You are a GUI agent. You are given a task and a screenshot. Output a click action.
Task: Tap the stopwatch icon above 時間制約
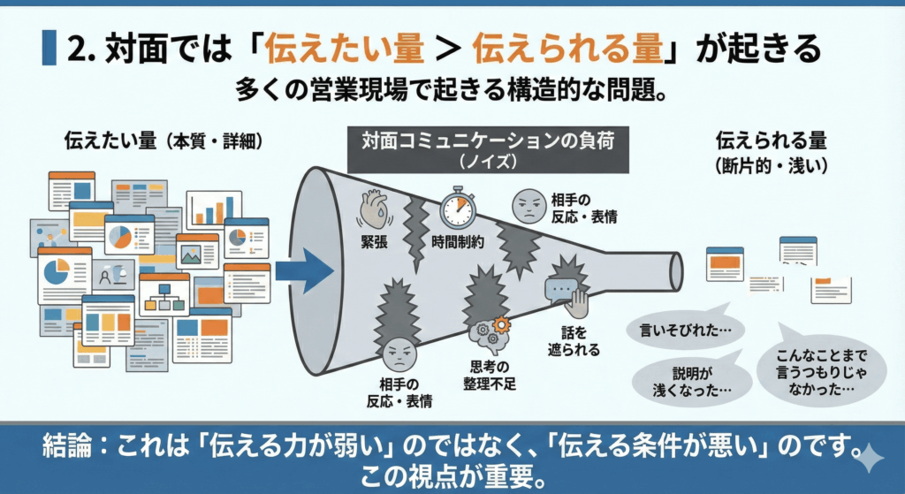[x=456, y=207]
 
